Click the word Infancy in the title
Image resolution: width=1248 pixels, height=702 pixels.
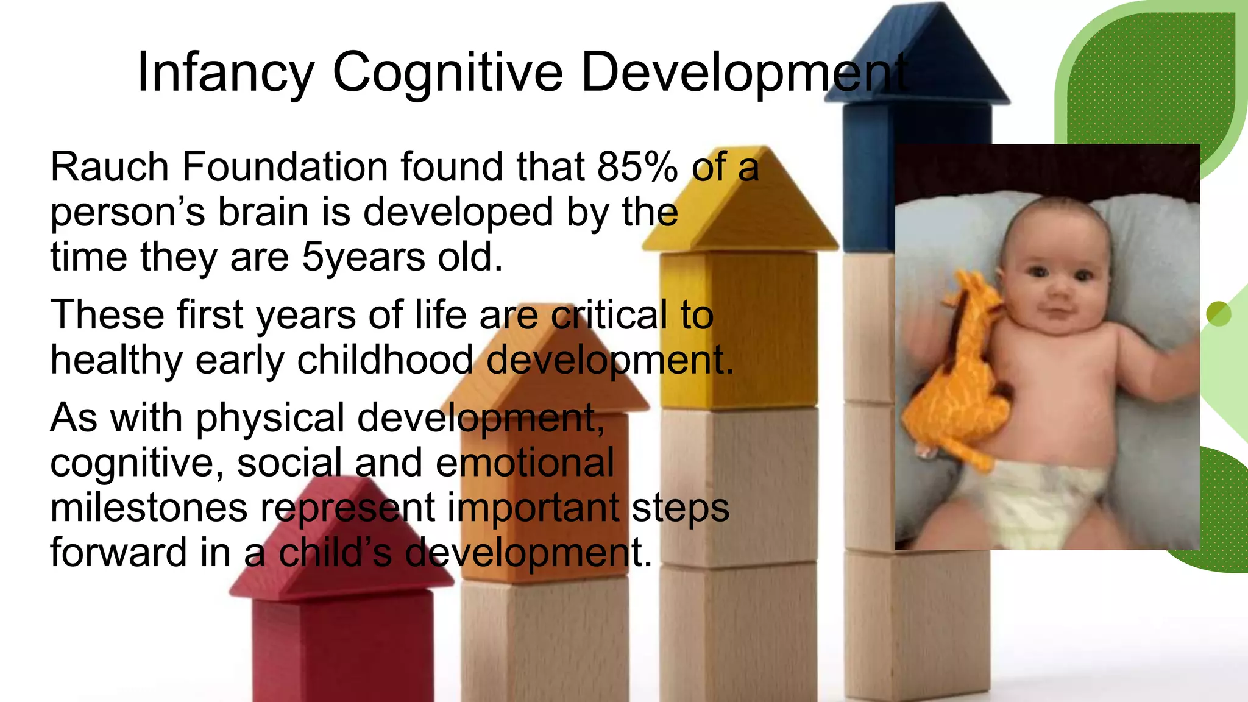click(x=225, y=73)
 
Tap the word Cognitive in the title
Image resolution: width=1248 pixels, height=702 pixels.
click(x=447, y=73)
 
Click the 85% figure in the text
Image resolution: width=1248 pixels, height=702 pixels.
click(x=637, y=166)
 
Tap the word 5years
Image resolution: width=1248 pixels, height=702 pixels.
click(x=363, y=257)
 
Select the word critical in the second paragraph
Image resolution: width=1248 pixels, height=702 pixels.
click(x=609, y=315)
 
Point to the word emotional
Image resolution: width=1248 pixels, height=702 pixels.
click(x=525, y=463)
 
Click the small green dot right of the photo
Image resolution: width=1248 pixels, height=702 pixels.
click(x=1218, y=314)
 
